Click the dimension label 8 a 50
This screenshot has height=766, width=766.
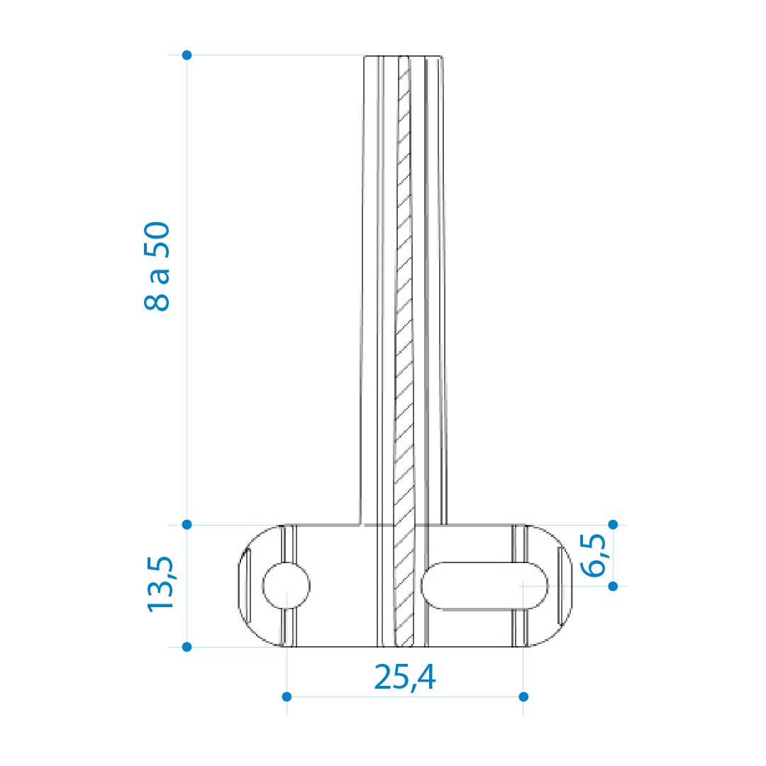tap(157, 266)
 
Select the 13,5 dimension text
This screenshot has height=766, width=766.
tap(161, 584)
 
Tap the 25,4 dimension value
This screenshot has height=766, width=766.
tap(405, 677)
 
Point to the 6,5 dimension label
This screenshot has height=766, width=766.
tap(593, 555)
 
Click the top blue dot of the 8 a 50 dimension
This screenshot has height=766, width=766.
tap(187, 55)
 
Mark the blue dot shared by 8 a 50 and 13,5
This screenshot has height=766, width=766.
tap(187, 525)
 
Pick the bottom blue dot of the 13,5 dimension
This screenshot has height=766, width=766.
tap(187, 647)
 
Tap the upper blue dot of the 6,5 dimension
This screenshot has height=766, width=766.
tap(613, 525)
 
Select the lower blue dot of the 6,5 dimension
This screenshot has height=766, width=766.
tap(613, 586)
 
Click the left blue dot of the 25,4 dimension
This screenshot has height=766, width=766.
tap(287, 696)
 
